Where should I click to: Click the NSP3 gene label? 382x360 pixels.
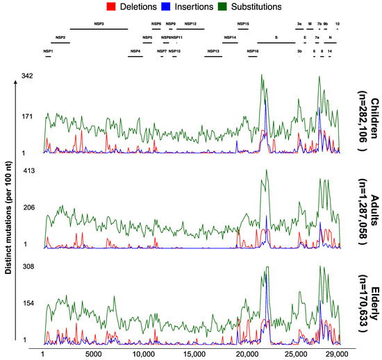[98, 24]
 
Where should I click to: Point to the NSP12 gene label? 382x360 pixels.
[190, 24]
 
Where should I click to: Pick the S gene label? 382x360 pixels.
[276, 37]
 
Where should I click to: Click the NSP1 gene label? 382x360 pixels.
[48, 51]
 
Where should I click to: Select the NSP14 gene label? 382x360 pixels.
[229, 37]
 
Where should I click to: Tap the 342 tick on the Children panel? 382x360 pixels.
[28, 75]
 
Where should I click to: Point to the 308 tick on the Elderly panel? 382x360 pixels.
[28, 266]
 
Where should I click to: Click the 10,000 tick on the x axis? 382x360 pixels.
[144, 353]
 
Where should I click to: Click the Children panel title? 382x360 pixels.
[358, 114]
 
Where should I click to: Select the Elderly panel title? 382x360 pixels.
[358, 298]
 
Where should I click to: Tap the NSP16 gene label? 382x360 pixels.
[253, 51]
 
